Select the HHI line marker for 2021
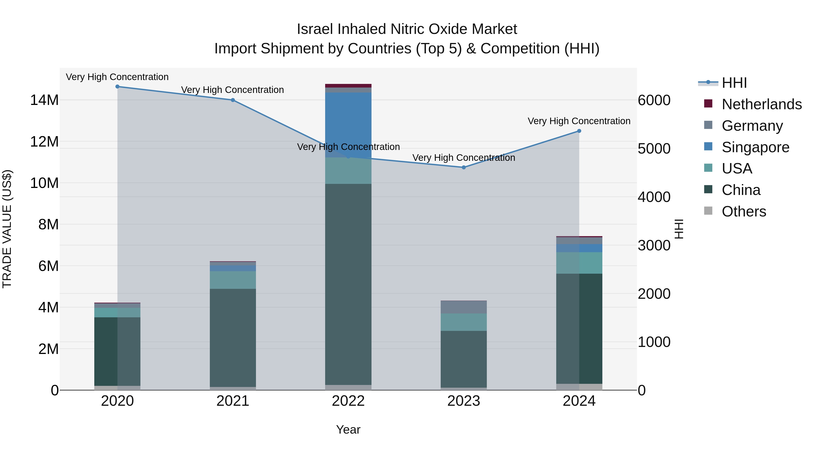pos(233,100)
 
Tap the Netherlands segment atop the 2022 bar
pos(348,86)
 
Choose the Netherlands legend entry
pos(762,104)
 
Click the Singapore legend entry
pos(755,147)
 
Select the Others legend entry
pos(743,211)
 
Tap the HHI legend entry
pos(734,83)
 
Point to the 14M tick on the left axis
pos(44,100)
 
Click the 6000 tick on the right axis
pos(654,100)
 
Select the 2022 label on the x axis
pos(348,401)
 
